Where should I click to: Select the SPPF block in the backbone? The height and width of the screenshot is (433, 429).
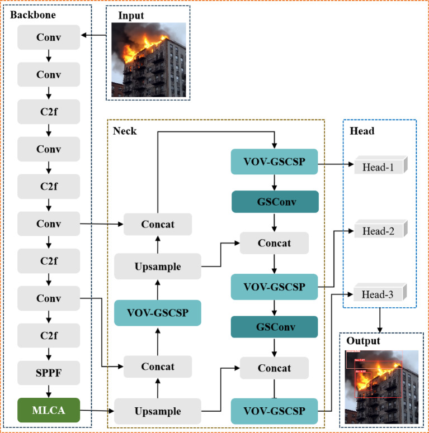click(49, 371)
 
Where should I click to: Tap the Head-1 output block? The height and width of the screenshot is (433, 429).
click(379, 165)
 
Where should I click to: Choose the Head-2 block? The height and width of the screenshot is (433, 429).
click(379, 230)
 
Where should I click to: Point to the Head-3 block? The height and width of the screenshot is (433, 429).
click(379, 294)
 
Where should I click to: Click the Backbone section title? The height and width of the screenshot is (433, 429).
click(33, 15)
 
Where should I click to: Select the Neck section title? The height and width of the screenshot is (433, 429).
click(124, 131)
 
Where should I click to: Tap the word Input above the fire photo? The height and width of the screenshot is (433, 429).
click(130, 15)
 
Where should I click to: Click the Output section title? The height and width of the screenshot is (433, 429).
click(363, 341)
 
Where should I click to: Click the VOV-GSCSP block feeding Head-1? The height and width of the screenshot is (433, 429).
click(274, 161)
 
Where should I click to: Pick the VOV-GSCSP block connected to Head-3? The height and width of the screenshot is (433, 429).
click(274, 411)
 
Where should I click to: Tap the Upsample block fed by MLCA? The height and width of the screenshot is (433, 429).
click(158, 411)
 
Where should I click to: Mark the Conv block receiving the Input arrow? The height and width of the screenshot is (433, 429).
click(49, 37)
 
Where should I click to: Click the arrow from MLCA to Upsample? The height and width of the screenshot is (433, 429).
click(97, 411)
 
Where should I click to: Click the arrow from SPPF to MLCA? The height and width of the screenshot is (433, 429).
click(49, 391)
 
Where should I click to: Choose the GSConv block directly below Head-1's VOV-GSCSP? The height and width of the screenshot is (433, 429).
click(274, 202)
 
